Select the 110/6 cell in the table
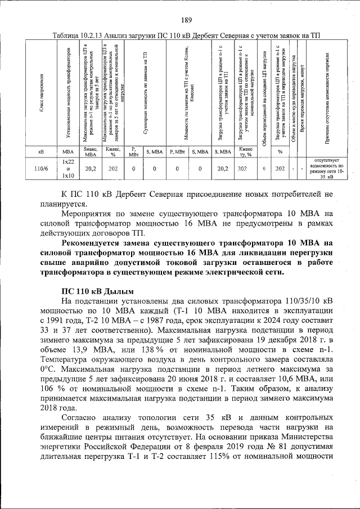point(40,168)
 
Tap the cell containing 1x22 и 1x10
point(68,168)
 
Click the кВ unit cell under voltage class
point(40,151)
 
